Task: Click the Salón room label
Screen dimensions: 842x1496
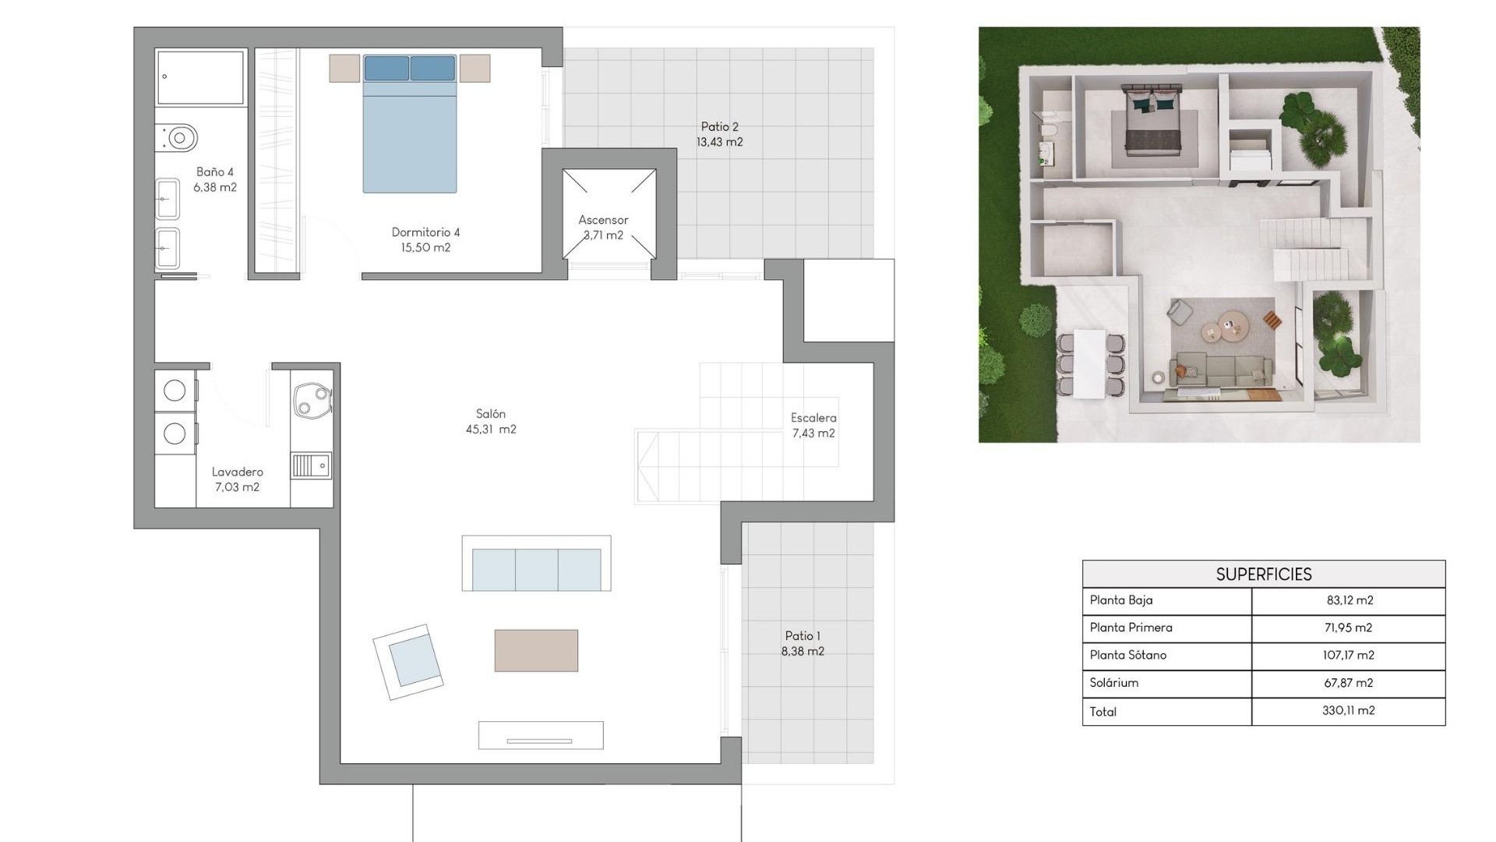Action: [x=491, y=421]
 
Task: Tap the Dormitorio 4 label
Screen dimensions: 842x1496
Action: [x=425, y=239]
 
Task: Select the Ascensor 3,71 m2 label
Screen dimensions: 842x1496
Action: [x=603, y=227]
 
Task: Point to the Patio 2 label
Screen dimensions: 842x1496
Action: [x=719, y=134]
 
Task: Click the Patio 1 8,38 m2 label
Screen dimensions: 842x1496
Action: [x=803, y=643]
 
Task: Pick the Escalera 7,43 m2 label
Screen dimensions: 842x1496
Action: [x=813, y=425]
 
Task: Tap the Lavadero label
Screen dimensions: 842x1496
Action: [x=237, y=479]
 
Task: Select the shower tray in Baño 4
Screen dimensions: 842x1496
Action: [x=200, y=77]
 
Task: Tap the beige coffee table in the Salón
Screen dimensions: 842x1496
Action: [x=536, y=650]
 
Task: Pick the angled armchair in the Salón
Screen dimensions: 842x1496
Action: [x=409, y=661]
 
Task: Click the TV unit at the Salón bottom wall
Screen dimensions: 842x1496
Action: [x=540, y=735]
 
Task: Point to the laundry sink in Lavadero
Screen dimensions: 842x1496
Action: [x=312, y=466]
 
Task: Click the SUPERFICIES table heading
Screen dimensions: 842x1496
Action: [x=1263, y=575]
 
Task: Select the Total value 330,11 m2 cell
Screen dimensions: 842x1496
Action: [x=1348, y=710]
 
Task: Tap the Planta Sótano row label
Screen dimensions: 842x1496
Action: [x=1127, y=655]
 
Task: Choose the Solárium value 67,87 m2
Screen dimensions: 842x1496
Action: [x=1348, y=682]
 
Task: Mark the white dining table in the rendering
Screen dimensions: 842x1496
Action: [x=1089, y=363]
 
